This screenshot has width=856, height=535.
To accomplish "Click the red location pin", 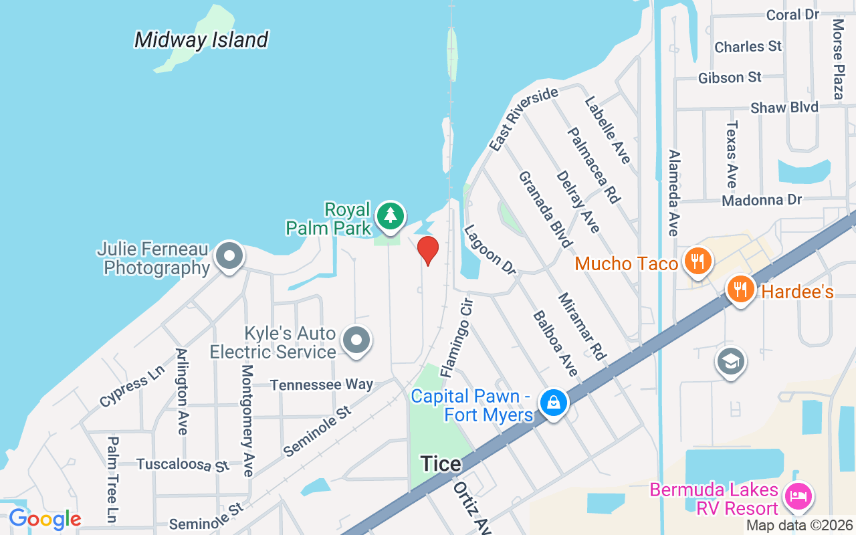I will (428, 250).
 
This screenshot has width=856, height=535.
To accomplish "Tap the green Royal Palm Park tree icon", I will (390, 215).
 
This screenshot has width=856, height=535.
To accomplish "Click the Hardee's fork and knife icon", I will (740, 289).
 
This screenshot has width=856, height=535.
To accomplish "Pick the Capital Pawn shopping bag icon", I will (554, 403).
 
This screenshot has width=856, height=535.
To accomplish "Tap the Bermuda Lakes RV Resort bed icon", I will (800, 496).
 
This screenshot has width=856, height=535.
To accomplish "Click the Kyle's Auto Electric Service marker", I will (356, 340).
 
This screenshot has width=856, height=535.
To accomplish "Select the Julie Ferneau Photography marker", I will (229, 255).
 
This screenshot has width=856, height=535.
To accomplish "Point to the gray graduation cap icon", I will (730, 362).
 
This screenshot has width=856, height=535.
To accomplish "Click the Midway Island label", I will (201, 40).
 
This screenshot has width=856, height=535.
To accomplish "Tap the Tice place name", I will (441, 463).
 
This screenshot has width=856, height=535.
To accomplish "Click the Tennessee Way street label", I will (322, 385).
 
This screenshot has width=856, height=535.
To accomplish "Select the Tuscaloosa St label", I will (183, 464).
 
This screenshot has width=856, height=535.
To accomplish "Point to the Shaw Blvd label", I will (784, 108).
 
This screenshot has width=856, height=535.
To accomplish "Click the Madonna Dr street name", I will (761, 200).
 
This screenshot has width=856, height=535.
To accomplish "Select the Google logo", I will (45, 519).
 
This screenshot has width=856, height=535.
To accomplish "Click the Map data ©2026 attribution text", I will (800, 526).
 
